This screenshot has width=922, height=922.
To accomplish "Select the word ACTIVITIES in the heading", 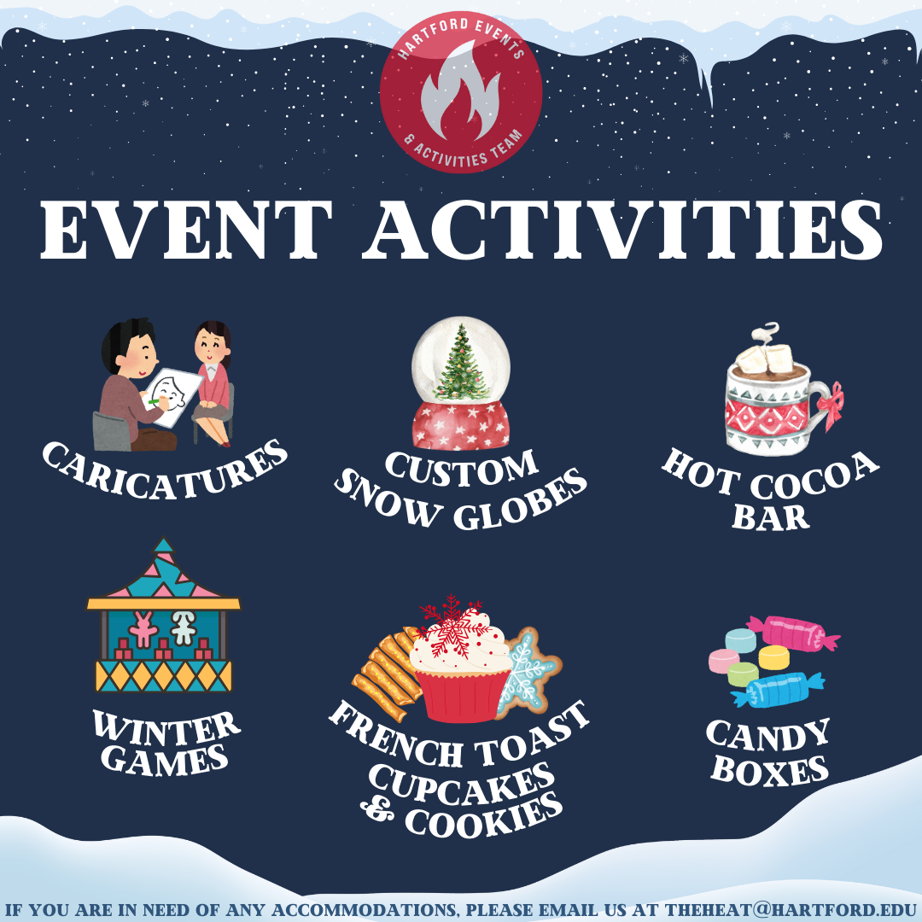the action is pos(622,230).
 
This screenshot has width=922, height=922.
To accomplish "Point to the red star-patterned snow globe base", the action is pos(460,424).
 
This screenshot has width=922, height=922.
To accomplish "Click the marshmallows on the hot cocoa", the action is pos(764,359).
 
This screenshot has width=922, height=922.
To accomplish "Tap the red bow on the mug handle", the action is pos(831,405).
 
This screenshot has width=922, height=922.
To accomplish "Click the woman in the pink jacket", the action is pos(213,382).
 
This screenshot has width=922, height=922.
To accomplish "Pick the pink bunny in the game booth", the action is pos(143,628).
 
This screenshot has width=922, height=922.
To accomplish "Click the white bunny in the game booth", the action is pos(183,627).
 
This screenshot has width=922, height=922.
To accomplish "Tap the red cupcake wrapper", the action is pos(460,695).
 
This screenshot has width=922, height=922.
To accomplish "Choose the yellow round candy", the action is pos(773,656).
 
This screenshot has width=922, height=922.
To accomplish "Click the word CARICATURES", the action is pos(165,471).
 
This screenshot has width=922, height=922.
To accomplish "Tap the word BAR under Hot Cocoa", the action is pos(770,516).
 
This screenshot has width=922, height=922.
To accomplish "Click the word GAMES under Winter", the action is pos(164,760).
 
